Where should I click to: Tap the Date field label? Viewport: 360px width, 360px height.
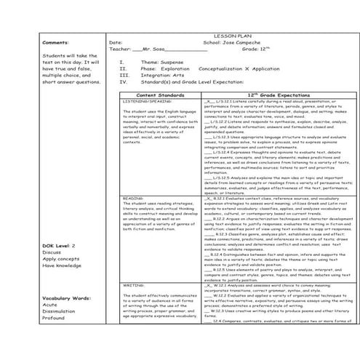116,42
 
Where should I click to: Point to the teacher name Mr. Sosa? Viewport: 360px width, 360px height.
151,49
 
